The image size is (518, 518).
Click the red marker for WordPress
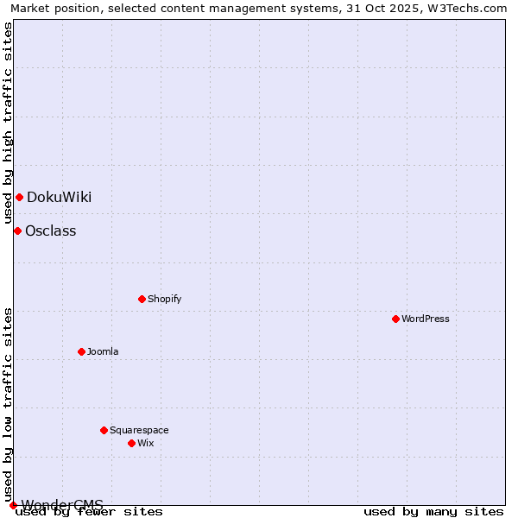[395, 319]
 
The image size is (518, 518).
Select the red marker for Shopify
[142, 299]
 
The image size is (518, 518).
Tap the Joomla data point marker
[81, 351]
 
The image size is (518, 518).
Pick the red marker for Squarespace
[104, 430]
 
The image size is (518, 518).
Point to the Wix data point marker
[131, 443]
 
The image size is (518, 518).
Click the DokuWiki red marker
[19, 197]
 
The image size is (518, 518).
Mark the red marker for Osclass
[17, 231]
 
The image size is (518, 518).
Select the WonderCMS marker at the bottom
[13, 505]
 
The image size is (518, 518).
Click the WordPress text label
[426, 319]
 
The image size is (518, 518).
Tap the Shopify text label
[164, 299]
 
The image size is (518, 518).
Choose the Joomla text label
[103, 351]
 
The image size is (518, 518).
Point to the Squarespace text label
[139, 430]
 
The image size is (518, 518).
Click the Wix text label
[145, 443]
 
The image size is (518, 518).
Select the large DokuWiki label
[59, 197]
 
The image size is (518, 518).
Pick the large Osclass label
[50, 231]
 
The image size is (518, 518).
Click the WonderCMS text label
[62, 504]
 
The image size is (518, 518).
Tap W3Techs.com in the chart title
[470, 8]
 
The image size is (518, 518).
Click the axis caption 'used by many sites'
[433, 512]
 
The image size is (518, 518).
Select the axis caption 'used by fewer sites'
[89, 512]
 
